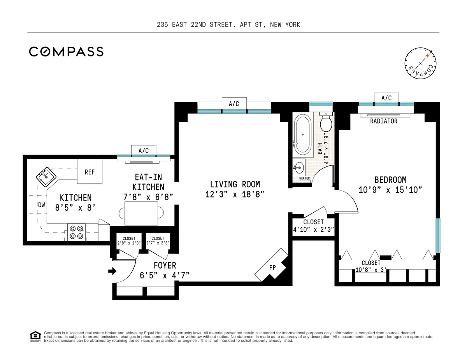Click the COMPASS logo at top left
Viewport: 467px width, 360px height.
click(66, 52)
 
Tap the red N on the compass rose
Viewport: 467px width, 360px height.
click(427, 56)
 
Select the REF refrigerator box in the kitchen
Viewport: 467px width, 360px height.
click(90, 171)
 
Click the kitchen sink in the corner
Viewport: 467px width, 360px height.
click(46, 177)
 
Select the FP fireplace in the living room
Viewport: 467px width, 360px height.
click(273, 267)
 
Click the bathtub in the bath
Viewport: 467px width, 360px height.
click(302, 134)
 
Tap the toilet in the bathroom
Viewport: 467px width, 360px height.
click(326, 123)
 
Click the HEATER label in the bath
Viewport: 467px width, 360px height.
click(304, 179)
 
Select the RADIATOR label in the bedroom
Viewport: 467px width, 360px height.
click(384, 121)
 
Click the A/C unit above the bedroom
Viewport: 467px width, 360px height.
click(386, 98)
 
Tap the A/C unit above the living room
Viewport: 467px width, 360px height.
click(233, 103)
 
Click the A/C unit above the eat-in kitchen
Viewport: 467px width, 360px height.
click(144, 150)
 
